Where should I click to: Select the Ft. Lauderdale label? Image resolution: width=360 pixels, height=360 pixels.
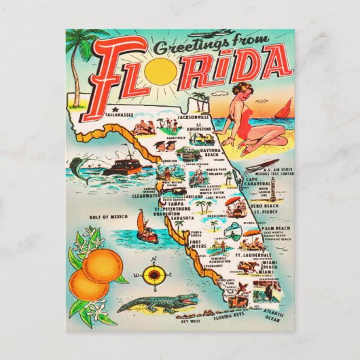pyautogui.click(x=253, y=255)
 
